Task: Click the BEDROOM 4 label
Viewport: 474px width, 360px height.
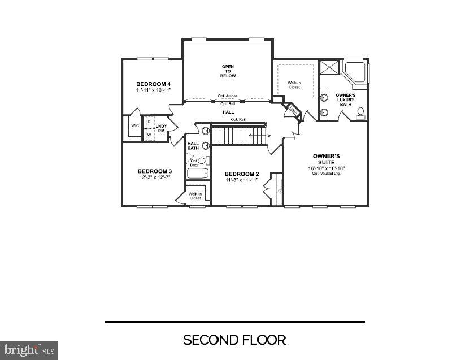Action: [x=153, y=84]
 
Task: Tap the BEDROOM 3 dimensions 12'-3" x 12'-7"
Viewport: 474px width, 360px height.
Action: [x=154, y=177]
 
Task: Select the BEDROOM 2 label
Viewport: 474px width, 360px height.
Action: [x=242, y=174]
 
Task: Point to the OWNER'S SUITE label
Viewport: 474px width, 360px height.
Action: [x=326, y=159]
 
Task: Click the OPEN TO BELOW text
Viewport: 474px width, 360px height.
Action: [x=228, y=71]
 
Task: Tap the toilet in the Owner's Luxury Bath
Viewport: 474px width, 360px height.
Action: [x=360, y=112]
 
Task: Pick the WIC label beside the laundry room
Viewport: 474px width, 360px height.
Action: [x=135, y=125]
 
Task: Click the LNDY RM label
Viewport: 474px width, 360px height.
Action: [x=160, y=128]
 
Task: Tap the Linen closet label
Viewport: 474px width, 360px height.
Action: [x=293, y=110]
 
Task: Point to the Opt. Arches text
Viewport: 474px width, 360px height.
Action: [x=228, y=96]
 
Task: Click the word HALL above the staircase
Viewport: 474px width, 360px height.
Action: [x=228, y=112]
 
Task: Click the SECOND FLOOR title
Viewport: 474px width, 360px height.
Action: [x=234, y=340]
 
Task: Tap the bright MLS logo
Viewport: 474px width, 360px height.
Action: [x=29, y=350]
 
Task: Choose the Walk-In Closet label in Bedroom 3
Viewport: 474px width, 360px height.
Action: [x=195, y=196]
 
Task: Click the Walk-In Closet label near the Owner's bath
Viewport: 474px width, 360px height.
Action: [x=294, y=85]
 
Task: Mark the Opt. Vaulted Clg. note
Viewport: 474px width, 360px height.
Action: [x=326, y=173]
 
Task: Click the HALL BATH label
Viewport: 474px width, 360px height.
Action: [x=193, y=146]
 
